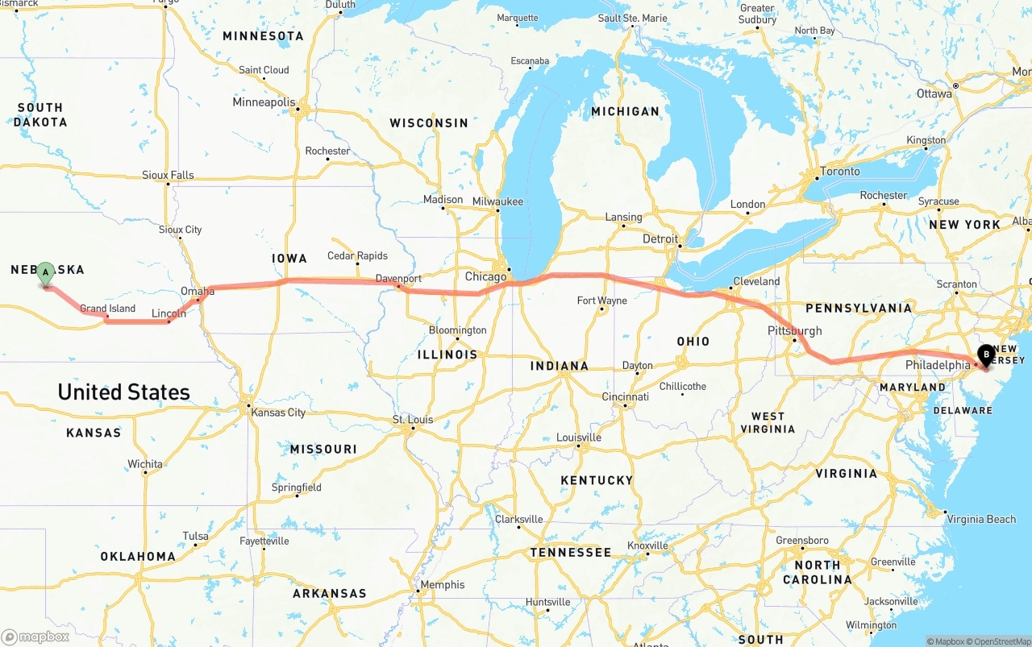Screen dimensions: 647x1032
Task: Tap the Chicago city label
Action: [485, 276]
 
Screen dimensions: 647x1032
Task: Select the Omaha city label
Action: [197, 291]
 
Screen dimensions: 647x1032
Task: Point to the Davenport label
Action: [398, 279]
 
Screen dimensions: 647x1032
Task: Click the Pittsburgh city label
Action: [794, 330]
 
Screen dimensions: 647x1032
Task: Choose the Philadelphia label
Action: [938, 365]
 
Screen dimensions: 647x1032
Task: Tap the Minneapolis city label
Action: [264, 102]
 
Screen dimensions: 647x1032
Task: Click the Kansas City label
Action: [278, 413]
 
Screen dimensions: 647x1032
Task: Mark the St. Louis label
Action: [412, 420]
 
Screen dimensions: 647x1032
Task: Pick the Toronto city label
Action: [839, 171]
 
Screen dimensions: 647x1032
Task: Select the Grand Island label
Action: [107, 309]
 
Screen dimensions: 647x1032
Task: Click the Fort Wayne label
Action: [601, 301]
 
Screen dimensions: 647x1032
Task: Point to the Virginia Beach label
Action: [981, 519]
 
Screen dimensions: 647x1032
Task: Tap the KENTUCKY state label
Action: [597, 480]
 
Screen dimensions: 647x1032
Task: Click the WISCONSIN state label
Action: [428, 123]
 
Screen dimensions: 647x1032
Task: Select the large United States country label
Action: [123, 392]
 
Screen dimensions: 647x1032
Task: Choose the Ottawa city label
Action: [934, 93]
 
